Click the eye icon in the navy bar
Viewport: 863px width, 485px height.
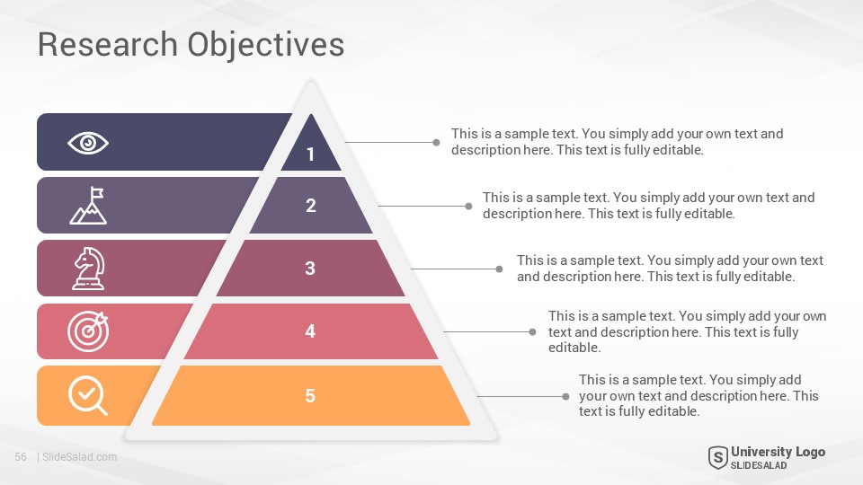coord(88,143)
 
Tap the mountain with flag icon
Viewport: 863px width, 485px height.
coord(88,206)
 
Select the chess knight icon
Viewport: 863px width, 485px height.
coord(89,269)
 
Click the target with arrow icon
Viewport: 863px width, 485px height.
coord(88,331)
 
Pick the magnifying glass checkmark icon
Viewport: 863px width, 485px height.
coord(87,395)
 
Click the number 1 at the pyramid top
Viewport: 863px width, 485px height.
coord(311,154)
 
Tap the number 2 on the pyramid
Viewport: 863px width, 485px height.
coord(311,206)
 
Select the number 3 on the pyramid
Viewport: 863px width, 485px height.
coord(310,269)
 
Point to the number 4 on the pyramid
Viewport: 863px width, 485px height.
coord(310,331)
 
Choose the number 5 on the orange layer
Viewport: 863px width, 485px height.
coord(310,396)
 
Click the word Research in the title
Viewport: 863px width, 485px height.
coord(107,45)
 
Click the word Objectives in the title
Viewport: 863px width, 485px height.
coord(266,46)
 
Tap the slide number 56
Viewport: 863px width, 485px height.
coord(21,457)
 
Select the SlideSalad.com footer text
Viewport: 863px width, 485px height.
coord(80,457)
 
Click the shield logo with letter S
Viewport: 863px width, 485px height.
coord(717,457)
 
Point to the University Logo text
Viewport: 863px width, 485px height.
coord(778,452)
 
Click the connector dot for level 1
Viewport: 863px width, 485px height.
coord(437,143)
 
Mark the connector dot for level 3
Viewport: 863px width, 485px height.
coord(499,269)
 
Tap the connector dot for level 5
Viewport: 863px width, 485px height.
coord(565,396)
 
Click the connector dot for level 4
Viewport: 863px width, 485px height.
coord(532,331)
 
